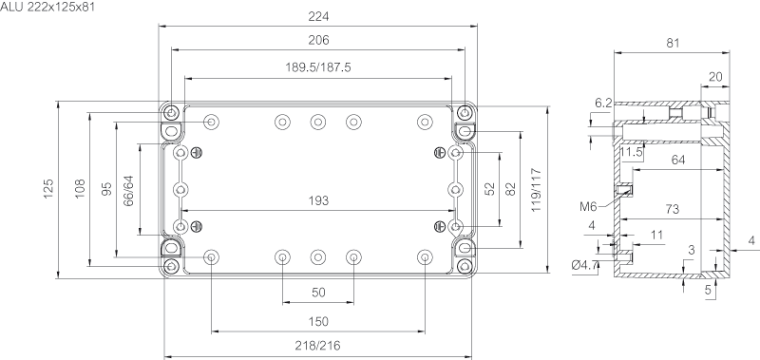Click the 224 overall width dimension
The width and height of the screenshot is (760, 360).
[x=318, y=16]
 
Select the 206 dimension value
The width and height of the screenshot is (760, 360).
[x=318, y=40]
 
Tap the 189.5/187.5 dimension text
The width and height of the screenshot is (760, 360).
[x=318, y=67]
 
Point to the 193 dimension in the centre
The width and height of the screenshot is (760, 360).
[x=318, y=200]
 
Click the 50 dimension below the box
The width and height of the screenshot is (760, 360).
[x=318, y=293]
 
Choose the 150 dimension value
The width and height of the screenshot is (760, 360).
[x=318, y=322]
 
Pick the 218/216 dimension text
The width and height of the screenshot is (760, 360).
[x=318, y=346]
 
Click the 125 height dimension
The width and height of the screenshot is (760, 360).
[x=48, y=189]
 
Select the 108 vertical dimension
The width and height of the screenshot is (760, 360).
[x=80, y=189]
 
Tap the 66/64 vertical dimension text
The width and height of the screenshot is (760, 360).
[x=128, y=191]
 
